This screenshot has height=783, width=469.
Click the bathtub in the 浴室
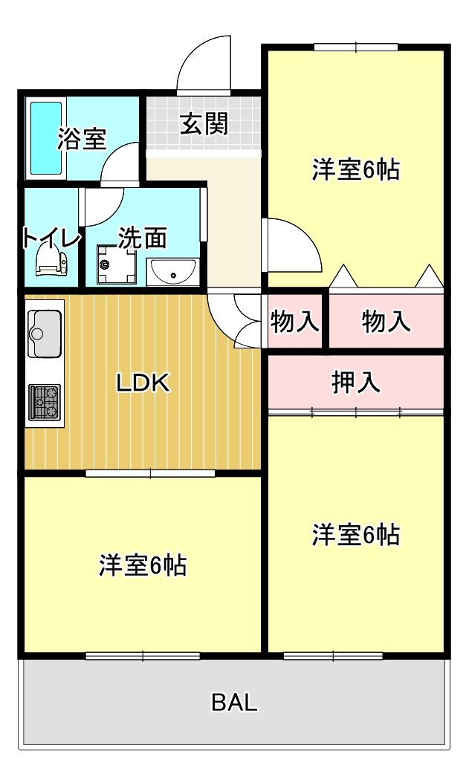[46, 138]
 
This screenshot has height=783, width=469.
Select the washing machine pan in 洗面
[117, 264]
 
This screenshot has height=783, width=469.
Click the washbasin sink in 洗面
[173, 271]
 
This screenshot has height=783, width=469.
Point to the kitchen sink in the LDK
[45, 333]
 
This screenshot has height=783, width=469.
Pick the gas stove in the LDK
[45, 402]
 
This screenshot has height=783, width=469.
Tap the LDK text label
[143, 383]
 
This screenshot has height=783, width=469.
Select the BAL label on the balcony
[234, 702]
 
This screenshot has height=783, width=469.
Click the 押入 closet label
[356, 382]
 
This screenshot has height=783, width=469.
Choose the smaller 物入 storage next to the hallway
[294, 321]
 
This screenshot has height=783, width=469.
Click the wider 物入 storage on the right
[386, 321]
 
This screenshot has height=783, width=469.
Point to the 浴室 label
[82, 138]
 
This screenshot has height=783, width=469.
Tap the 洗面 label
[143, 238]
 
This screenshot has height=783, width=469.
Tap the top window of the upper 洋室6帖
[356, 48]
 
